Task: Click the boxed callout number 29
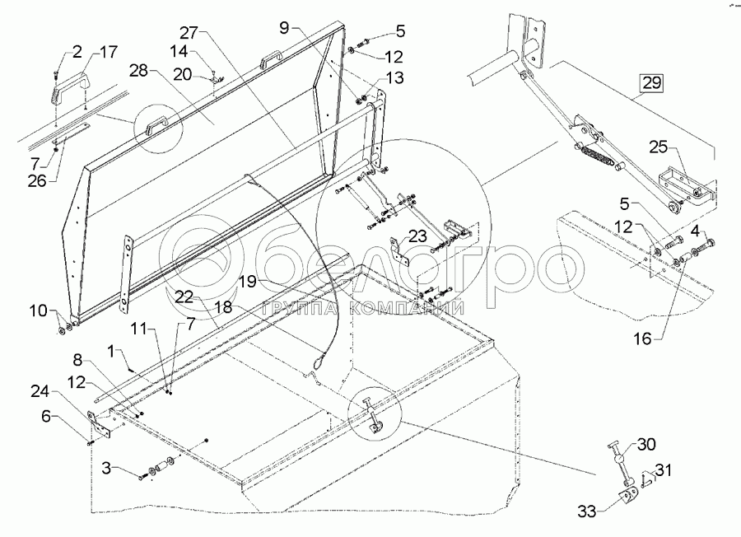651,83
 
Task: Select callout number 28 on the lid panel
137,72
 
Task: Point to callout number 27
189,34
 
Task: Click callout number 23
417,236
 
